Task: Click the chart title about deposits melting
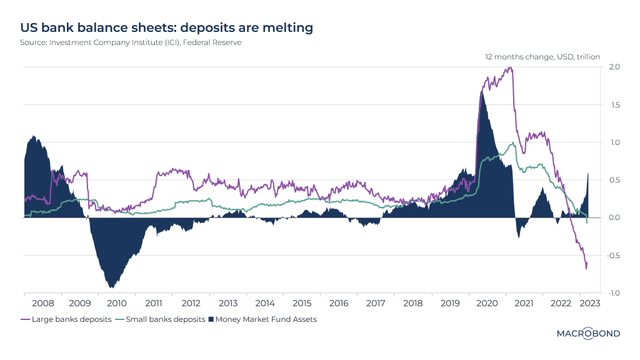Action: coord(166,28)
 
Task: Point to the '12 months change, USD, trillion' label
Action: coord(542,57)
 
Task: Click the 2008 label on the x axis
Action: coord(43,303)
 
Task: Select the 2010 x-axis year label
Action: coord(117,303)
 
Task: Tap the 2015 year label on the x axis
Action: coord(302,303)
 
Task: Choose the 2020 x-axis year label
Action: coord(486,303)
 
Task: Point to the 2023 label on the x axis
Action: coord(589,303)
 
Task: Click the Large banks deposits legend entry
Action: coord(66,319)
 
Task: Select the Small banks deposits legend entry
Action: coord(161,319)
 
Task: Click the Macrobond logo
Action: coord(588,334)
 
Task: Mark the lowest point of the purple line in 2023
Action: coord(586,269)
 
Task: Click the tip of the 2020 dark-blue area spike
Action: coord(481,92)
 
